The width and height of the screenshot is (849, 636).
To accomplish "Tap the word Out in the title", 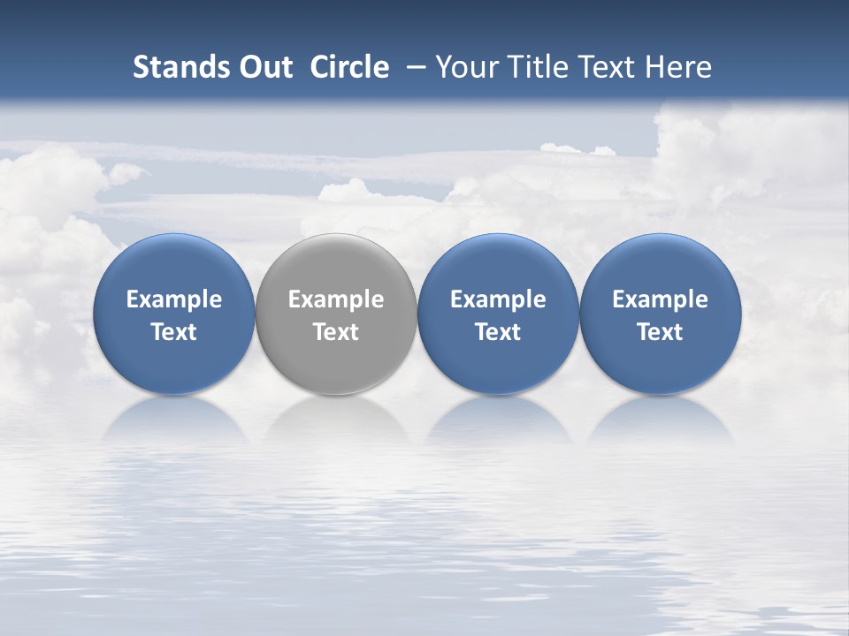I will click(x=264, y=67).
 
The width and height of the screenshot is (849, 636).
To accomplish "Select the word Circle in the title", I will click(x=349, y=67).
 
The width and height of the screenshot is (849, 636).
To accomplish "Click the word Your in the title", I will click(x=464, y=67).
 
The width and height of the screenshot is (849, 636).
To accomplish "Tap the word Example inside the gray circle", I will click(x=336, y=299).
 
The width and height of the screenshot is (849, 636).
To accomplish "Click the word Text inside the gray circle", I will click(x=336, y=332).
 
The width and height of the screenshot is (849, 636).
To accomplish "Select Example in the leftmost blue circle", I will click(x=174, y=299).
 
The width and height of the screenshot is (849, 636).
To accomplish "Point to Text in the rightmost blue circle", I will click(x=661, y=332).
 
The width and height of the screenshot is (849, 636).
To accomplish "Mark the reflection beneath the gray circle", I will click(x=336, y=420).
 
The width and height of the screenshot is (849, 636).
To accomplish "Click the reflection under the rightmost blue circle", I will click(x=661, y=420).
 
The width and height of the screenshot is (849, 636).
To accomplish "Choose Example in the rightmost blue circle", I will click(x=661, y=299).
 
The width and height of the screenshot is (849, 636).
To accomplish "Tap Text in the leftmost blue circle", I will click(x=174, y=332).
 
